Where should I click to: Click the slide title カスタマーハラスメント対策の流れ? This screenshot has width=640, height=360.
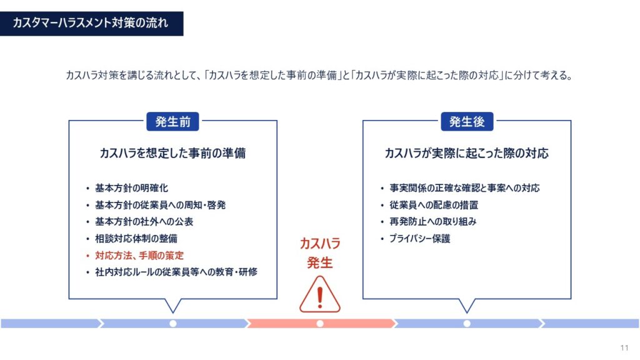point(90,23)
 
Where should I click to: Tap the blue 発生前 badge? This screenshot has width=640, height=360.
point(172,122)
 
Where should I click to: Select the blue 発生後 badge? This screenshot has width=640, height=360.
point(467,122)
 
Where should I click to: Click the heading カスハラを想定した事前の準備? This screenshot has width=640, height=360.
point(172,154)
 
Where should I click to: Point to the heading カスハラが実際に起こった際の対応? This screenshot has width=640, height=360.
point(466,154)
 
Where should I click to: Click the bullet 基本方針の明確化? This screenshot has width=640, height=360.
point(131,188)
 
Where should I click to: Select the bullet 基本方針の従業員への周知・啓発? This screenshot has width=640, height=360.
point(161,205)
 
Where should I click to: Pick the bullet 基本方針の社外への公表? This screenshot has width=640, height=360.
point(144,222)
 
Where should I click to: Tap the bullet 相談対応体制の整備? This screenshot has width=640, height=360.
point(136,238)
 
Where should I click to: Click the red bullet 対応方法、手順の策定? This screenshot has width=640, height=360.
point(139,256)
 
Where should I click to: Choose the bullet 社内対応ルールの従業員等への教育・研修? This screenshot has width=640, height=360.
point(176,272)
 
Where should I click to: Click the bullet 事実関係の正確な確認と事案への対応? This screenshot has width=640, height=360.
point(464,188)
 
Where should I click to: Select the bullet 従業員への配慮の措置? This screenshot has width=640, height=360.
point(434,205)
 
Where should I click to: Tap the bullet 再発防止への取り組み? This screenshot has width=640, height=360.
point(432,222)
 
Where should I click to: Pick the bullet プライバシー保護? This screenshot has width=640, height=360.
point(419,238)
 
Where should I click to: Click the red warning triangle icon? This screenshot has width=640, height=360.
point(320,295)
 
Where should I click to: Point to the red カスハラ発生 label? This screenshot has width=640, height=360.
point(320,253)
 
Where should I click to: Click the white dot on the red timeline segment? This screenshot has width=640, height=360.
point(320,324)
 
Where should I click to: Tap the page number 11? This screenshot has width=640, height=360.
point(624,347)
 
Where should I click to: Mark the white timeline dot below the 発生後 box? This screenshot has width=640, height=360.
point(467,324)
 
